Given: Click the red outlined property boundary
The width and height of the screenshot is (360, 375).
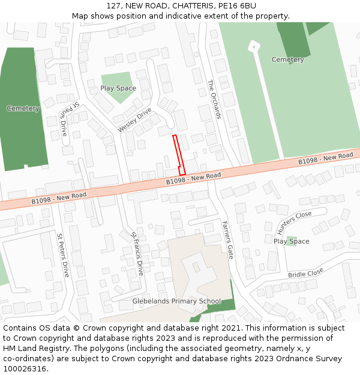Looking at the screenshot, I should (x=179, y=155).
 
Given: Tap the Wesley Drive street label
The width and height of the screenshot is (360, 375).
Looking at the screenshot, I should (x=134, y=120).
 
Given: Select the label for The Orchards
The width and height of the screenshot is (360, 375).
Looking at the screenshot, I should (x=214, y=99).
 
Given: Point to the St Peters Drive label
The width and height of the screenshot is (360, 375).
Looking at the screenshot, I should (x=62, y=255).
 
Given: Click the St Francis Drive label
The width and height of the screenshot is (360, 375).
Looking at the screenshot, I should (x=137, y=253).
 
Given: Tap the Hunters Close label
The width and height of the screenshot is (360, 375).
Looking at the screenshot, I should (x=295, y=223).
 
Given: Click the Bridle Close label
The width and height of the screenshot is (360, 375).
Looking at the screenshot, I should (x=305, y=273).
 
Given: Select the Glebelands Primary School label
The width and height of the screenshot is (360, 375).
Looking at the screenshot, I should (x=176, y=301).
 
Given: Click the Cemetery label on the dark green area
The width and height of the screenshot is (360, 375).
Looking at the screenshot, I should (x=23, y=109).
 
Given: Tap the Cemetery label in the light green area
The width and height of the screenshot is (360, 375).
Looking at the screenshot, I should (x=287, y=59).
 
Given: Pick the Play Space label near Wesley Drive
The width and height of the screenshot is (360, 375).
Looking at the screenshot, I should (x=118, y=88).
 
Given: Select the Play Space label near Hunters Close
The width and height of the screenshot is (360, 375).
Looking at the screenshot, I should (x=292, y=241).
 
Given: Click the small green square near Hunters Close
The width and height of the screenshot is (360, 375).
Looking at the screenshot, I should (x=292, y=241).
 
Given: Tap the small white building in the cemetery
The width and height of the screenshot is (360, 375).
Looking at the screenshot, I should (x=254, y=46).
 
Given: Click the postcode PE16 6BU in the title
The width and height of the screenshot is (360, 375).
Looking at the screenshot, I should (x=237, y=5).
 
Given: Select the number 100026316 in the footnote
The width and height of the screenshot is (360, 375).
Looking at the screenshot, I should (x=25, y=369).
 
